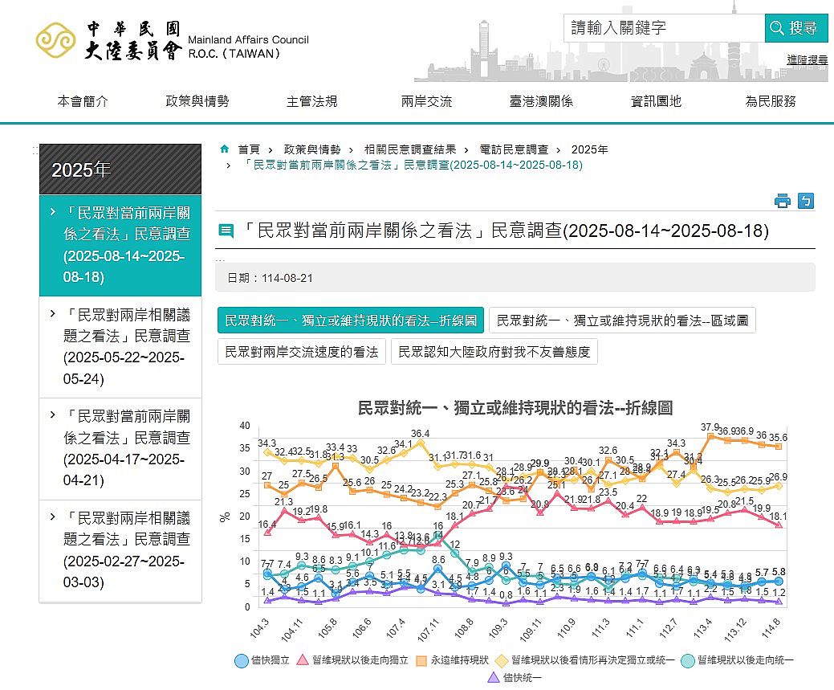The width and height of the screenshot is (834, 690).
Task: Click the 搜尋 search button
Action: tap(795, 28)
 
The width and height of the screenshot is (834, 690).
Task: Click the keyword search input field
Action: tap(663, 28)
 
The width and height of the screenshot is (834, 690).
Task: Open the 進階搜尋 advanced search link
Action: tap(807, 59)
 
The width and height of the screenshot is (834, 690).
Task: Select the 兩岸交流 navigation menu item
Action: tap(426, 101)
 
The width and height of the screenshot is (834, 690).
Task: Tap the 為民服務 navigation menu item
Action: tap(770, 101)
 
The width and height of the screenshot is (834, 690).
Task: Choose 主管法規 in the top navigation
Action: tap(311, 101)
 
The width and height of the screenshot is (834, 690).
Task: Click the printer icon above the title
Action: tap(783, 201)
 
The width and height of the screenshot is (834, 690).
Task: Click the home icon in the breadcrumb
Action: tap(225, 149)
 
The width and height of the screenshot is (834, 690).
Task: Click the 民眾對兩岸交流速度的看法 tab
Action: tap(302, 352)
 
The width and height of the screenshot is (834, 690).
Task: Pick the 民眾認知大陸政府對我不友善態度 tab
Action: tap(494, 352)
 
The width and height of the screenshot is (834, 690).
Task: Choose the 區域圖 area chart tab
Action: tap(622, 321)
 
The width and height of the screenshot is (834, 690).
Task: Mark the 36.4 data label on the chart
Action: tap(420, 434)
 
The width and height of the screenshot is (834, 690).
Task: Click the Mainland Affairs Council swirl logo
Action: tap(55, 39)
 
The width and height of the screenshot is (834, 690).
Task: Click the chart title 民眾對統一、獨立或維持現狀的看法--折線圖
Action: tap(515, 407)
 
